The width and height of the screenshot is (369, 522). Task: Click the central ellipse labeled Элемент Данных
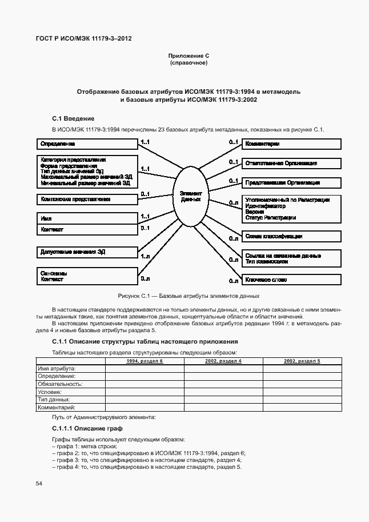[191, 197]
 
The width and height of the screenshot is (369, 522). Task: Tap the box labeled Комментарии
[291, 144]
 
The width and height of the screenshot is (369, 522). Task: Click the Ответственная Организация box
[291, 164]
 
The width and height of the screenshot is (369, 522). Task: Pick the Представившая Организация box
[291, 183]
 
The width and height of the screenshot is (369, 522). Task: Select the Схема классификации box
[291, 236]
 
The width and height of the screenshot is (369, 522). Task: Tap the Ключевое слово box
[291, 280]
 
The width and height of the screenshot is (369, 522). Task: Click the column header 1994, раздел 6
[145, 361]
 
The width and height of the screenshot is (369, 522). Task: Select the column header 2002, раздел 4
[223, 361]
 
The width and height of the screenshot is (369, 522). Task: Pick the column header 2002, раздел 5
[302, 361]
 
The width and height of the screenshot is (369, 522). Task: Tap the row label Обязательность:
[60, 384]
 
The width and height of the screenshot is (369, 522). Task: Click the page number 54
[39, 484]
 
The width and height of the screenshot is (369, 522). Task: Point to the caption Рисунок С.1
[188, 296]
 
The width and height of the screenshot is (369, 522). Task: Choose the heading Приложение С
[188, 55]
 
